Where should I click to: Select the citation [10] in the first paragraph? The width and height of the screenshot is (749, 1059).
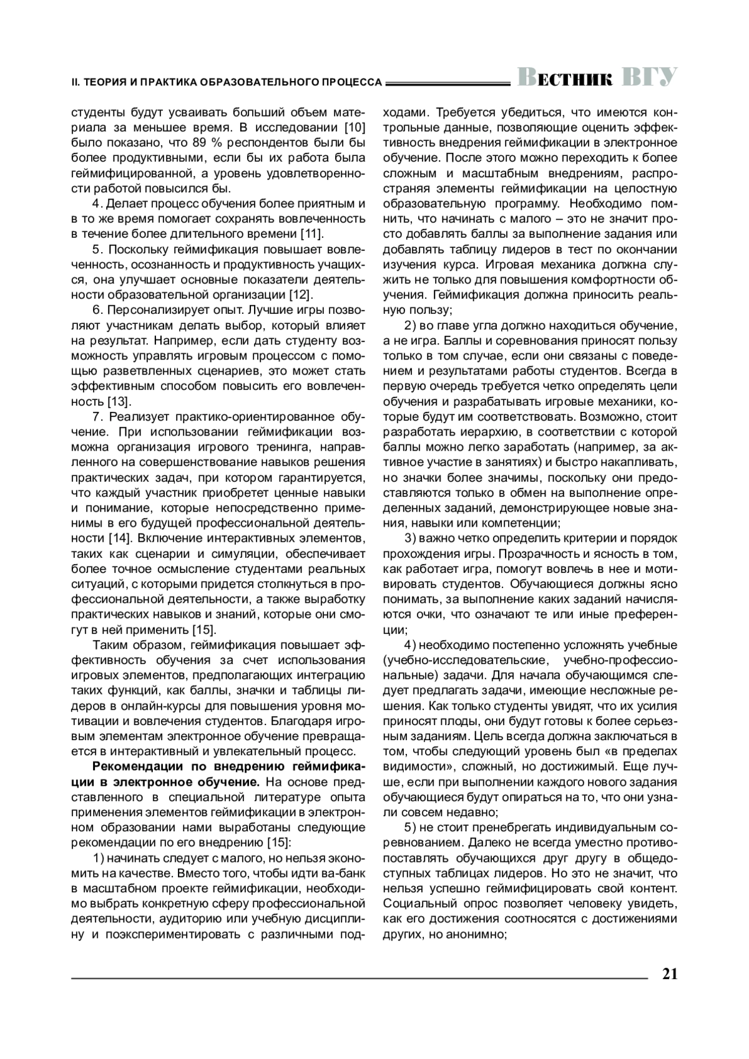coord(351,128)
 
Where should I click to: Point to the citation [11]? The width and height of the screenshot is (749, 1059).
coord(310,234)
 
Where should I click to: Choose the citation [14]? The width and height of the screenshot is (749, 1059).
coord(120,537)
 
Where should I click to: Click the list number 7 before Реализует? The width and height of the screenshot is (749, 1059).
coord(95,416)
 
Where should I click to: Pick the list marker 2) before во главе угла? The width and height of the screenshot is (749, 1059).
coord(410,325)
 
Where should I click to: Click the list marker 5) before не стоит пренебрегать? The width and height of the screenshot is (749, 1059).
coord(410,827)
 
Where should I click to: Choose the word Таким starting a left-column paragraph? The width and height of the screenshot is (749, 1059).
coord(110,645)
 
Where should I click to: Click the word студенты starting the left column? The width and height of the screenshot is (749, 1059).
coord(97,113)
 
